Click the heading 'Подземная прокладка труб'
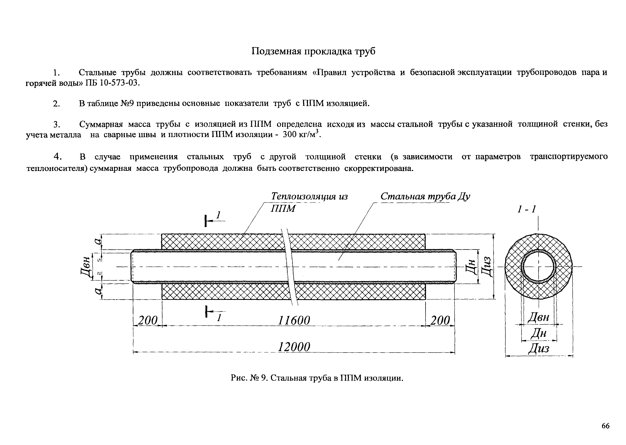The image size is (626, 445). click(x=313, y=51)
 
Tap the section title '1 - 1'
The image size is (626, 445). click(x=526, y=209)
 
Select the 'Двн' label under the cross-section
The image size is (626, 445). click(x=538, y=317)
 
